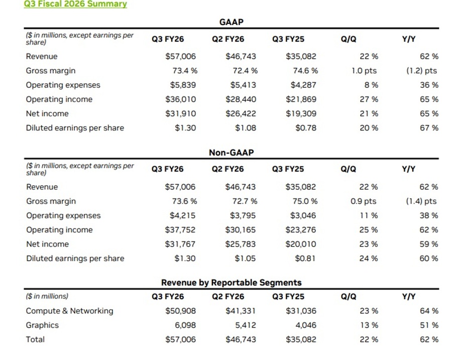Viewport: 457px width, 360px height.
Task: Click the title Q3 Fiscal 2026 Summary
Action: click(x=75, y=4)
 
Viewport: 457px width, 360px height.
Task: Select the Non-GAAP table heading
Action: click(x=232, y=152)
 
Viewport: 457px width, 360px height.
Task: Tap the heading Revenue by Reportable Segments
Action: click(x=232, y=283)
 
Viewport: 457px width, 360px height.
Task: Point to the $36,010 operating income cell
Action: click(x=180, y=99)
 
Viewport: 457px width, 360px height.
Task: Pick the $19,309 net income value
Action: click(x=301, y=114)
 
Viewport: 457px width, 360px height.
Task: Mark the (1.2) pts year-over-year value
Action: click(x=421, y=71)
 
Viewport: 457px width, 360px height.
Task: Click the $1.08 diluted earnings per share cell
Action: click(x=245, y=128)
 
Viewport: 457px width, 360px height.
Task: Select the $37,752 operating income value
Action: click(x=180, y=230)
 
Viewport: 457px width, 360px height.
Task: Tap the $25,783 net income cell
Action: click(x=241, y=245)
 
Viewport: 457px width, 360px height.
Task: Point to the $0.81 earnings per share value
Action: click(x=305, y=259)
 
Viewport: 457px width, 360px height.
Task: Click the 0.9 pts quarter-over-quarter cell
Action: click(x=364, y=201)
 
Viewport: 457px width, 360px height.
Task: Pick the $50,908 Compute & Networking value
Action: click(x=180, y=311)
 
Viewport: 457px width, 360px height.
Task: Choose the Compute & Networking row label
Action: click(x=69, y=311)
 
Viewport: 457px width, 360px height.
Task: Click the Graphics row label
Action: click(x=42, y=325)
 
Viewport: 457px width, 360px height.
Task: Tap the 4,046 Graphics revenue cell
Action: click(x=305, y=325)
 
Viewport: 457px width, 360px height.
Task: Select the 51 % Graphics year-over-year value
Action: click(x=428, y=325)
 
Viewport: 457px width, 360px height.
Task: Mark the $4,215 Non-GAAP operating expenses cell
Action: click(x=182, y=216)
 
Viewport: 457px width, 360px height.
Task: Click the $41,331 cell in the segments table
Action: click(x=241, y=311)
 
